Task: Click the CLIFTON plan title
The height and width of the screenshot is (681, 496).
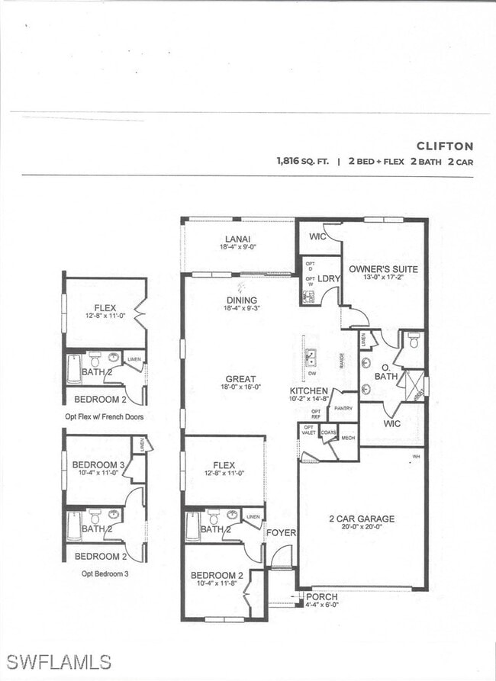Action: click(444, 146)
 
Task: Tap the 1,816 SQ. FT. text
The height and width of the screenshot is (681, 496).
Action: click(304, 162)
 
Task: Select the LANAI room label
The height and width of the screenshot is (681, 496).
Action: click(238, 239)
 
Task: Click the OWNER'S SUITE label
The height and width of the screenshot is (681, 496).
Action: click(383, 269)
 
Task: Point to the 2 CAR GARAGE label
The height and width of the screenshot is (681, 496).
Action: click(362, 519)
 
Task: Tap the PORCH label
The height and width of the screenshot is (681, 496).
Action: click(321, 596)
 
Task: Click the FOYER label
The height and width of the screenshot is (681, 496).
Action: click(281, 532)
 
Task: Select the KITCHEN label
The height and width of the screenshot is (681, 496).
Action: click(308, 390)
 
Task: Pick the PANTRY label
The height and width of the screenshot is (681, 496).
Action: click(343, 409)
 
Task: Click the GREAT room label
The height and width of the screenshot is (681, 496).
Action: click(240, 379)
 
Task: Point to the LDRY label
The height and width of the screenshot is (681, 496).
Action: click(328, 278)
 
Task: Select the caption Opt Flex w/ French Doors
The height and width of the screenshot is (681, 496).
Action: click(105, 417)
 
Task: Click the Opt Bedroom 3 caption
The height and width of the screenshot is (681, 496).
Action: click(105, 573)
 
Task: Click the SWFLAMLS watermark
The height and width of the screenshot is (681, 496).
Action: click(57, 661)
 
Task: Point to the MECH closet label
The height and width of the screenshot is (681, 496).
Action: click(348, 438)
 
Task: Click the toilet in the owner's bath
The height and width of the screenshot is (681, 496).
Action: click(414, 342)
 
